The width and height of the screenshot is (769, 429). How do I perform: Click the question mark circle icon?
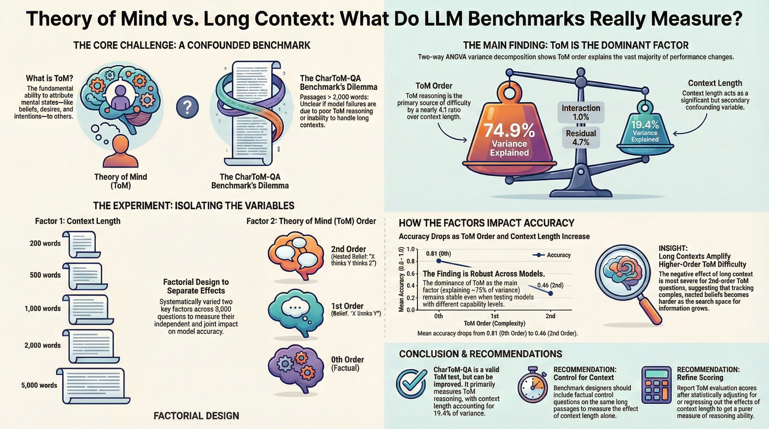pos(187,107)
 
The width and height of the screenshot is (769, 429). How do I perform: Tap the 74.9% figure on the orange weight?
pos(509,130)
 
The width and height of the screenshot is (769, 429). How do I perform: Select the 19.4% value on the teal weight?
pos(645,124)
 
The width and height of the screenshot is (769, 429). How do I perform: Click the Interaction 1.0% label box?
pos(581,112)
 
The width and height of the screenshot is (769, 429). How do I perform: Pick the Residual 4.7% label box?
pos(581,137)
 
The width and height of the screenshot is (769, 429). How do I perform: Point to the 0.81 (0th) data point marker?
pos(438,261)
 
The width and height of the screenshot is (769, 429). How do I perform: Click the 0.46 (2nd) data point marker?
pos(550,293)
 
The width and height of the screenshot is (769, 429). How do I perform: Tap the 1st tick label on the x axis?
pos(494,316)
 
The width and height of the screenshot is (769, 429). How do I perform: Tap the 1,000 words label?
pos(43,308)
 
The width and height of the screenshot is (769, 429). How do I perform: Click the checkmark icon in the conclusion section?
pos(411,384)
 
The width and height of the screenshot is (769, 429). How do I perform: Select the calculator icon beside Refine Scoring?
pos(656,385)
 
